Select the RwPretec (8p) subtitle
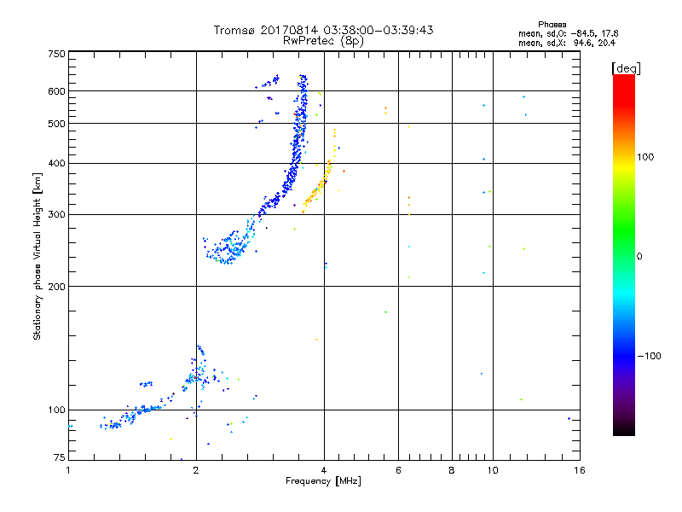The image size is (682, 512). (x=325, y=40)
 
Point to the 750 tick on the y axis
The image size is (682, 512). (x=56, y=54)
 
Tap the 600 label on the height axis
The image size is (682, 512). (x=56, y=91)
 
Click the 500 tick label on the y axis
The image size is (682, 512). (x=56, y=124)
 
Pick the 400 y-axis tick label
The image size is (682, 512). (x=56, y=163)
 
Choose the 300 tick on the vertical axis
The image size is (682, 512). (x=56, y=214)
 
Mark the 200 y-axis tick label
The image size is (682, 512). (x=56, y=286)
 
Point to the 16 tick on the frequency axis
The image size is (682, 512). (x=579, y=470)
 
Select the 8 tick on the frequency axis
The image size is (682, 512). (x=452, y=470)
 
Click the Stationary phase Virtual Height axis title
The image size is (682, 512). (x=38, y=257)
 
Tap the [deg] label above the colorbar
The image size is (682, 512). (x=627, y=67)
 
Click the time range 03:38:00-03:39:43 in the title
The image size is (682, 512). (x=375, y=30)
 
